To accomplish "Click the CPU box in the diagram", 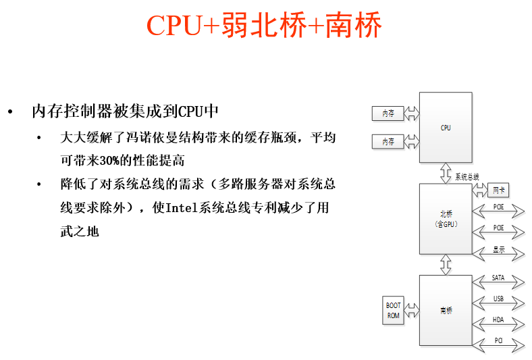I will coord(446,127).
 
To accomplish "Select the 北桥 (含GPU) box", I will coord(446,218).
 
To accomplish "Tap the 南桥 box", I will coord(446,310).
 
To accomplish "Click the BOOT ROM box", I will coord(394,310).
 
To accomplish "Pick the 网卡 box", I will coord(498,190).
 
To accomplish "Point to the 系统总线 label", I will coord(467,176).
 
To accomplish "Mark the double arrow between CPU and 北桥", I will coord(446,173).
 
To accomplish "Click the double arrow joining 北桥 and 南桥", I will coord(446,264).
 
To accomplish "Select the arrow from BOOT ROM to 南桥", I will coord(412,310).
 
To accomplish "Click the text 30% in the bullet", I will coord(107,161).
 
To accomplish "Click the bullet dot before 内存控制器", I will coord(10,111).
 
